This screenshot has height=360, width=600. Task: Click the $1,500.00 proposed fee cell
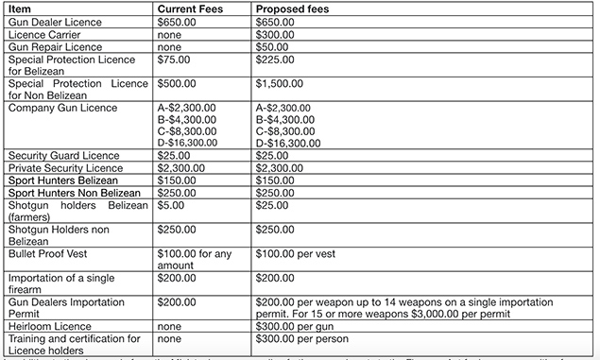point(281,83)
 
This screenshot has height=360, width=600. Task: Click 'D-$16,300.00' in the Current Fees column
point(187,143)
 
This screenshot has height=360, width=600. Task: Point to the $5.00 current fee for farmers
point(171,204)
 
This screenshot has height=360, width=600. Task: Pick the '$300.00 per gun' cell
point(297,326)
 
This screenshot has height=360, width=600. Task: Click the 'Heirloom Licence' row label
point(51,326)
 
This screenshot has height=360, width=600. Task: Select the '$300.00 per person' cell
point(303,338)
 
